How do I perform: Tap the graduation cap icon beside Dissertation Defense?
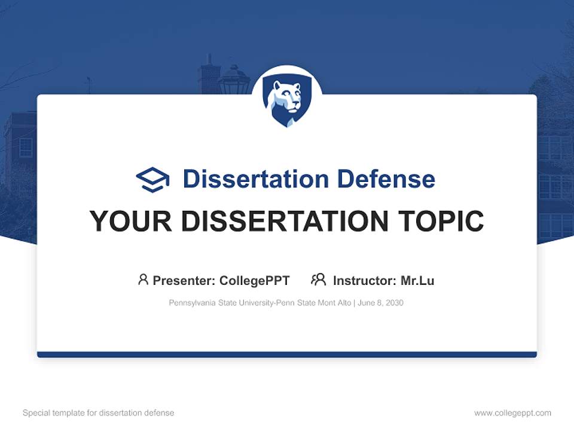[152, 179]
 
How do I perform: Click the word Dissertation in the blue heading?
[257, 179]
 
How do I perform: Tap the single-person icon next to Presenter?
[143, 280]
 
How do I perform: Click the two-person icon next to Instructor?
[318, 280]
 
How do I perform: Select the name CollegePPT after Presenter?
[255, 280]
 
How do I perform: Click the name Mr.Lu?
[417, 280]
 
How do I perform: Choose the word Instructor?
[364, 280]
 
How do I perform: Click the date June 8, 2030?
[381, 303]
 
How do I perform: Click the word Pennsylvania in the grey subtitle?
[191, 303]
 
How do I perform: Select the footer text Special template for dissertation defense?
[99, 413]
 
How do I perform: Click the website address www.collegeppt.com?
[512, 413]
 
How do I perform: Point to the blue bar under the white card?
[287, 354]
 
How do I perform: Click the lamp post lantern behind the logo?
[234, 80]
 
